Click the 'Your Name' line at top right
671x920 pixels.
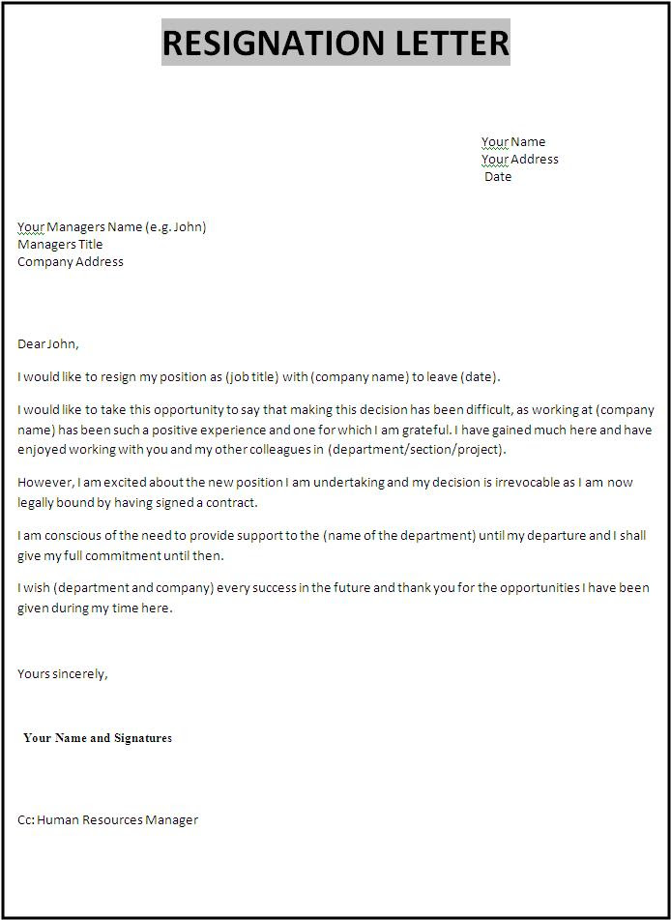[513, 142]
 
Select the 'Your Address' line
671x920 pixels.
[520, 160]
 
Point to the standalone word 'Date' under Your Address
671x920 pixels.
[498, 177]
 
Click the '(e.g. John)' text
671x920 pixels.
[176, 227]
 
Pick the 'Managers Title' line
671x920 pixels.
[60, 245]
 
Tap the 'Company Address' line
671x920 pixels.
[71, 262]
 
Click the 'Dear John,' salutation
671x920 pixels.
[48, 343]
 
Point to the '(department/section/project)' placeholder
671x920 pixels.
[416, 450]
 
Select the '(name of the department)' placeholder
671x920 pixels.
[399, 536]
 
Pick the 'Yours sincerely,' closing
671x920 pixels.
[63, 674]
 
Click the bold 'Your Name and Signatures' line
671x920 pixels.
[98, 738]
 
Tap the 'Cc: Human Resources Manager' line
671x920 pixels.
[107, 820]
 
